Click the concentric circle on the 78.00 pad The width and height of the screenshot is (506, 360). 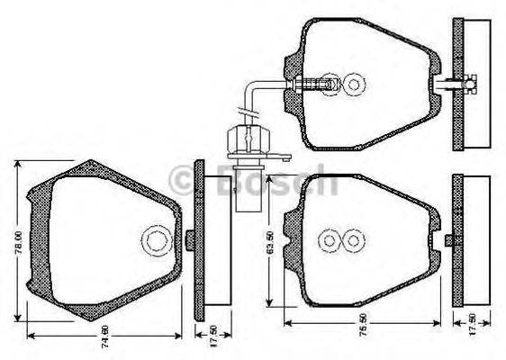(x=156, y=240)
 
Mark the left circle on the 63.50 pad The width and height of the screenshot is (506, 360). (x=329, y=240)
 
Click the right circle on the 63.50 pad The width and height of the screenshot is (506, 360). (x=354, y=240)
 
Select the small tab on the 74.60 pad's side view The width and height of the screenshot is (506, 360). (x=191, y=239)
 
